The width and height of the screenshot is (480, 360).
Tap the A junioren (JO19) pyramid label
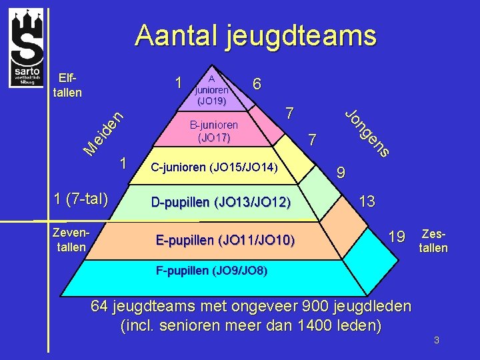[211, 89]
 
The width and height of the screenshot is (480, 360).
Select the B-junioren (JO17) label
[213, 131]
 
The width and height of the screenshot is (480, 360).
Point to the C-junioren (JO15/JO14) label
[215, 167]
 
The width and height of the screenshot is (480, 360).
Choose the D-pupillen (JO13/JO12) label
[221, 202]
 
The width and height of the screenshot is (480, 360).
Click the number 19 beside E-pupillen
[397, 235]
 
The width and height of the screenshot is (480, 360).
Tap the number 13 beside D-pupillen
[367, 201]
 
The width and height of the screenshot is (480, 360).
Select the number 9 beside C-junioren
[341, 173]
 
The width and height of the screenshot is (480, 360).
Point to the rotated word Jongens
[367, 132]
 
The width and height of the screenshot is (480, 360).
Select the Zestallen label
[433, 241]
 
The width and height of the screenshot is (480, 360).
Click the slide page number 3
[436, 341]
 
